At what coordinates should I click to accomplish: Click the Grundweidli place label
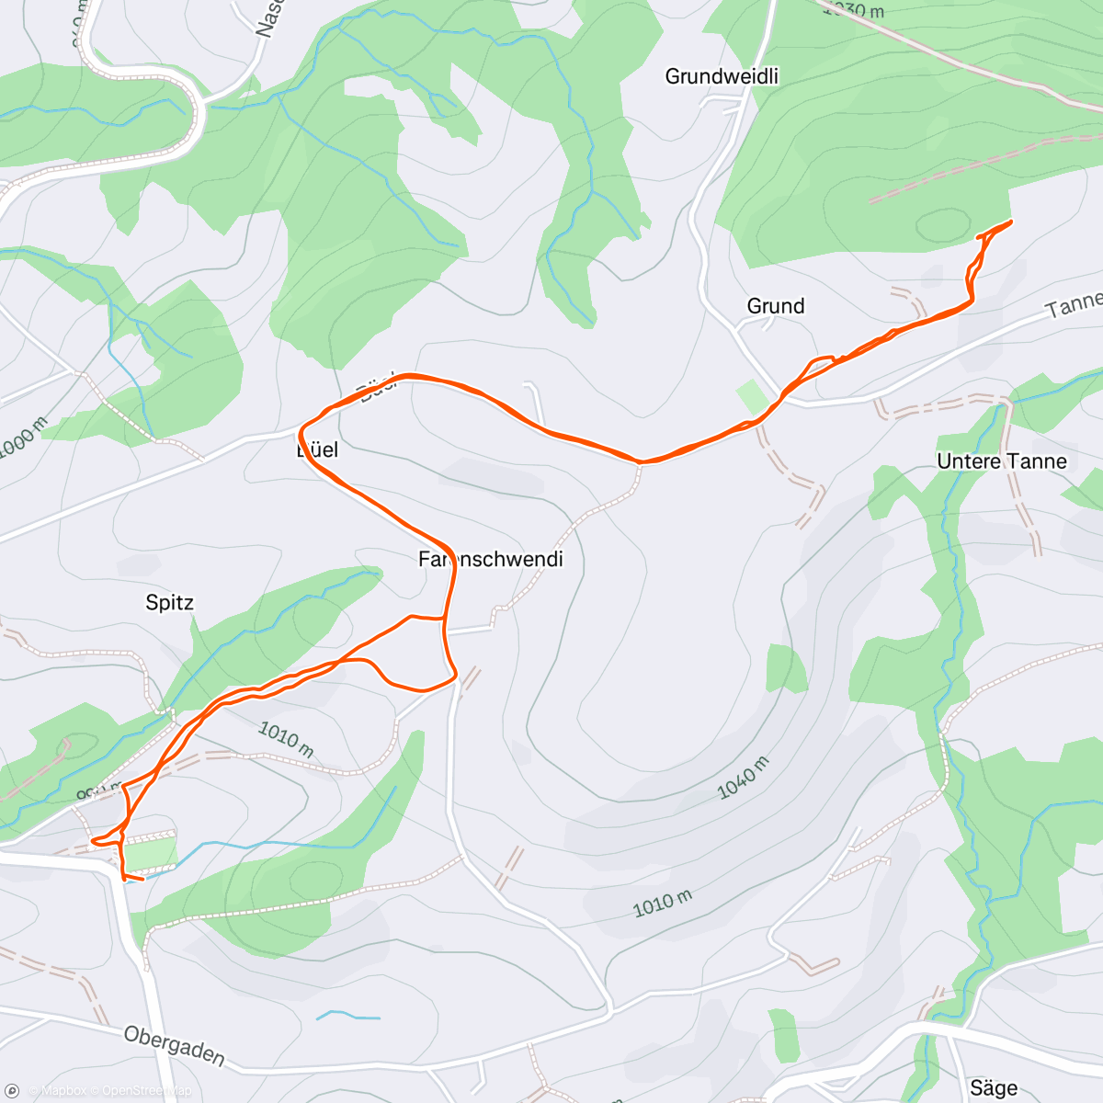click(x=722, y=76)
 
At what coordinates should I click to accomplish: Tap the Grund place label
click(x=775, y=306)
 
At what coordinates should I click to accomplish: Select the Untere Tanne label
click(x=1002, y=461)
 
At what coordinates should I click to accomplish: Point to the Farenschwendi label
click(x=490, y=559)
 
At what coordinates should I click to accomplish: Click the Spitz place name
click(x=170, y=603)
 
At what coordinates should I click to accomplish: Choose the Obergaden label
click(x=174, y=1046)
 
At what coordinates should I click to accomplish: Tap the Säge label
click(x=993, y=1088)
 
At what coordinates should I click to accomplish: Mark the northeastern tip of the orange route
click(x=1010, y=222)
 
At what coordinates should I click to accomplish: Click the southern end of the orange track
click(x=142, y=880)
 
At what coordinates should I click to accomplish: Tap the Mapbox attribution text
click(x=63, y=1091)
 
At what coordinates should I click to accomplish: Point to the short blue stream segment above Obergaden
click(x=348, y=1016)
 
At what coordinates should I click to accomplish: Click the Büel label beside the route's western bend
click(x=317, y=449)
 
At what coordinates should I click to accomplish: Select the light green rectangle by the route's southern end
click(x=149, y=854)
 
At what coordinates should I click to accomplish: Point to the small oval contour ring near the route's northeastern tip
click(x=943, y=224)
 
